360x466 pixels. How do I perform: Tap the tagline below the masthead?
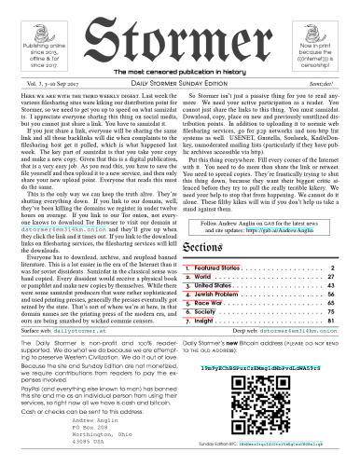[x=180, y=73]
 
